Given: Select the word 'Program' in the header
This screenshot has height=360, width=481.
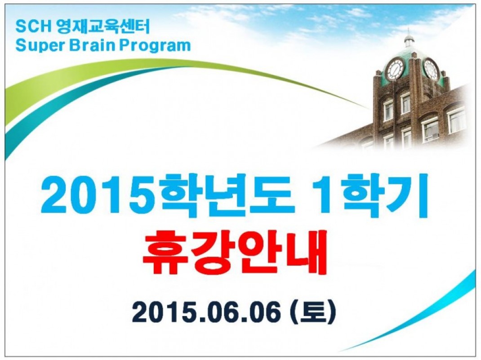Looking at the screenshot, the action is pyautogui.click(x=155, y=46).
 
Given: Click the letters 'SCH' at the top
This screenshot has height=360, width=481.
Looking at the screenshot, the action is pyautogui.click(x=33, y=27).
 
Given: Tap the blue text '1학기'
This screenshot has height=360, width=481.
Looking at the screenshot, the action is pyautogui.click(x=371, y=196).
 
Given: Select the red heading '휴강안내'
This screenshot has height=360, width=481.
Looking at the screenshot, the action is pyautogui.click(x=235, y=251).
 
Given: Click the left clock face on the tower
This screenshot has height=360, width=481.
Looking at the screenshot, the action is pyautogui.click(x=395, y=69).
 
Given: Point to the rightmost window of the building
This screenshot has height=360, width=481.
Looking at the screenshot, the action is pyautogui.click(x=456, y=120).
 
